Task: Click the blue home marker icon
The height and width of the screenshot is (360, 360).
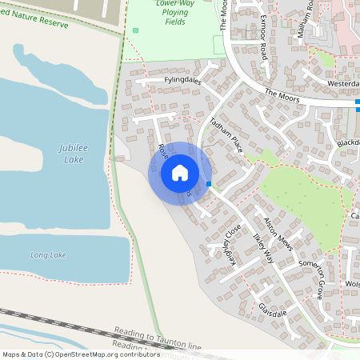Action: coord(180,171)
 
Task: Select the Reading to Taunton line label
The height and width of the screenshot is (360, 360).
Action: coord(158,338)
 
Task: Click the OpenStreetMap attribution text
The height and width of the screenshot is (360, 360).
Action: coord(81,354)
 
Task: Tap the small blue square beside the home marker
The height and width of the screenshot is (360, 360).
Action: coord(209,184)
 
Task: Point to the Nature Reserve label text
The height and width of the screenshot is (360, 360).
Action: coord(36,14)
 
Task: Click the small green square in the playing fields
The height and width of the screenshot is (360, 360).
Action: coord(135,30)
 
